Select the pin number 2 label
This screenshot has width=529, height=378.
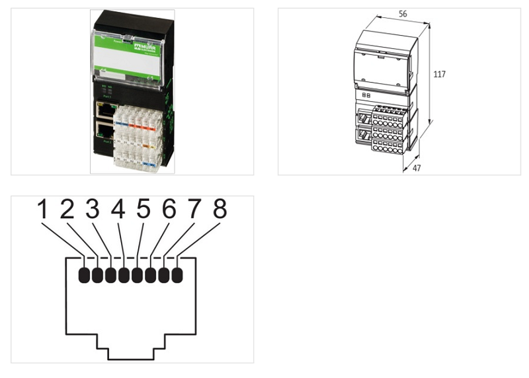[x=67, y=210]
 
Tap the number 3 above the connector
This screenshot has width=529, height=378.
[x=93, y=210]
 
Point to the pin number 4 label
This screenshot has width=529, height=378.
[x=118, y=210]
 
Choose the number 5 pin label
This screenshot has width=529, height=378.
[x=143, y=210]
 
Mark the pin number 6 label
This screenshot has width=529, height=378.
[x=169, y=210]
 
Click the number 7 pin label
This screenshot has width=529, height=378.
[x=194, y=210]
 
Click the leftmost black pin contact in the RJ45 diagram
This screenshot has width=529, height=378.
[x=85, y=274]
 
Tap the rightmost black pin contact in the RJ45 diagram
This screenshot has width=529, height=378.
[x=177, y=274]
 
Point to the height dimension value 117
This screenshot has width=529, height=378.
[x=439, y=75]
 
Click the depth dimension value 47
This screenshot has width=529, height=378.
[x=417, y=169]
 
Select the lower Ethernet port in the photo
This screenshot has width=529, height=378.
[x=105, y=131]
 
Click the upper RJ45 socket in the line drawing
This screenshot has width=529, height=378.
[x=364, y=119]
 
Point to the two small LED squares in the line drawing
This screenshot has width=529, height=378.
[x=366, y=95]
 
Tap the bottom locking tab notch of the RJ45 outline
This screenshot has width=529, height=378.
[x=131, y=344]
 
